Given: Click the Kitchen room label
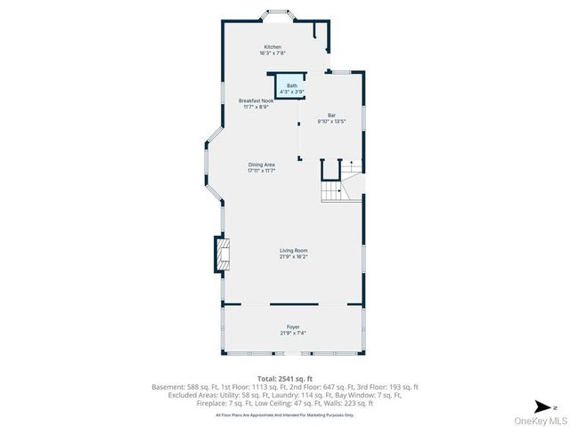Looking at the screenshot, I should tap(272, 46).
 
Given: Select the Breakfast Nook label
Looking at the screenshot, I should tap(256, 101).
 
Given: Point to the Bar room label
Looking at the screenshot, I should tap(331, 115).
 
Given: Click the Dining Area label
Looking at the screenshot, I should tap(261, 165).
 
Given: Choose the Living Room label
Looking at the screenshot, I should tap(293, 251).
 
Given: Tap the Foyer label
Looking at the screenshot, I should tap(293, 326).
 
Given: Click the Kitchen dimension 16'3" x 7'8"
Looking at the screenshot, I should tap(272, 53).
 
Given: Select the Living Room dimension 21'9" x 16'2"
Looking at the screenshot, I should tap(293, 257).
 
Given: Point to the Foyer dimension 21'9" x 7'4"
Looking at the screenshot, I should tap(293, 333).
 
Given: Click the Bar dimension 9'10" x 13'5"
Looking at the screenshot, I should tap(331, 121).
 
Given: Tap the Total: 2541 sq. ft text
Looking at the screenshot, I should tap(284, 378).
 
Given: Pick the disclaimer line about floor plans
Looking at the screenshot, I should tap(284, 415).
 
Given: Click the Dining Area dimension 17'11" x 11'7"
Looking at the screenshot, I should tap(261, 171).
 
